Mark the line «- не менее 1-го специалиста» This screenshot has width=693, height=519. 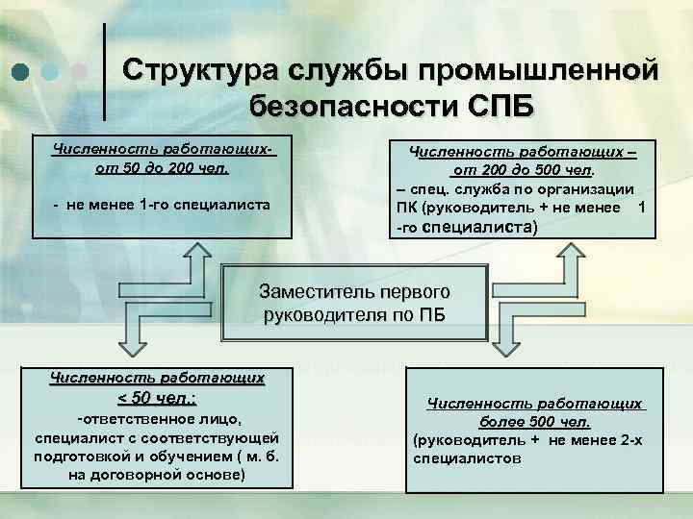pyautogui.click(x=162, y=205)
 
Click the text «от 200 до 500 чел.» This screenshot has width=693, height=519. pyautogui.click(x=524, y=169)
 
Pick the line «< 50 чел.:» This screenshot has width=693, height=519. pyautogui.click(x=158, y=398)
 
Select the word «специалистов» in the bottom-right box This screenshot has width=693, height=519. pyautogui.click(x=467, y=459)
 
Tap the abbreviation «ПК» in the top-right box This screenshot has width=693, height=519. pyautogui.click(x=406, y=208)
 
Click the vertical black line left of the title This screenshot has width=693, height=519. pyautogui.click(x=104, y=57)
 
